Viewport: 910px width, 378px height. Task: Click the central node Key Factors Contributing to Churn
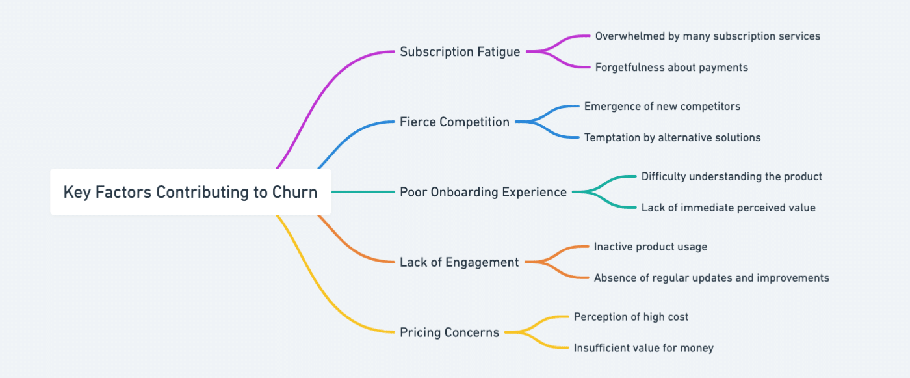190,192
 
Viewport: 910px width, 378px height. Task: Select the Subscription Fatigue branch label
460,51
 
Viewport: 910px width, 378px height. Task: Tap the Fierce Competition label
454,122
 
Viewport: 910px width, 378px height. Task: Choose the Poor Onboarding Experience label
483,192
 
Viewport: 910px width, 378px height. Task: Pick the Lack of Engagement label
459,262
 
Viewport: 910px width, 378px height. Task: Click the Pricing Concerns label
449,332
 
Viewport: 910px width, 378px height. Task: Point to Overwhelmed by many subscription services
707,36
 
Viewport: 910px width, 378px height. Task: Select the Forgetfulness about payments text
671,67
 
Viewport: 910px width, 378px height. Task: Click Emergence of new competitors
662,106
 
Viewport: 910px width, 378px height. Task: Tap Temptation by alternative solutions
672,137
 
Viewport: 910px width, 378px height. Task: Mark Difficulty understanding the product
731,176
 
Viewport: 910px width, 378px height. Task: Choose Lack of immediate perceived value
728,208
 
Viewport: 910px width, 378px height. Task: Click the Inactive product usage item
650,247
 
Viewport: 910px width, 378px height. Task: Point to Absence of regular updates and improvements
711,278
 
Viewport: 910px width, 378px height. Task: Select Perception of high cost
630,317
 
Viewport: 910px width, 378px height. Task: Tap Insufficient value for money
643,348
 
